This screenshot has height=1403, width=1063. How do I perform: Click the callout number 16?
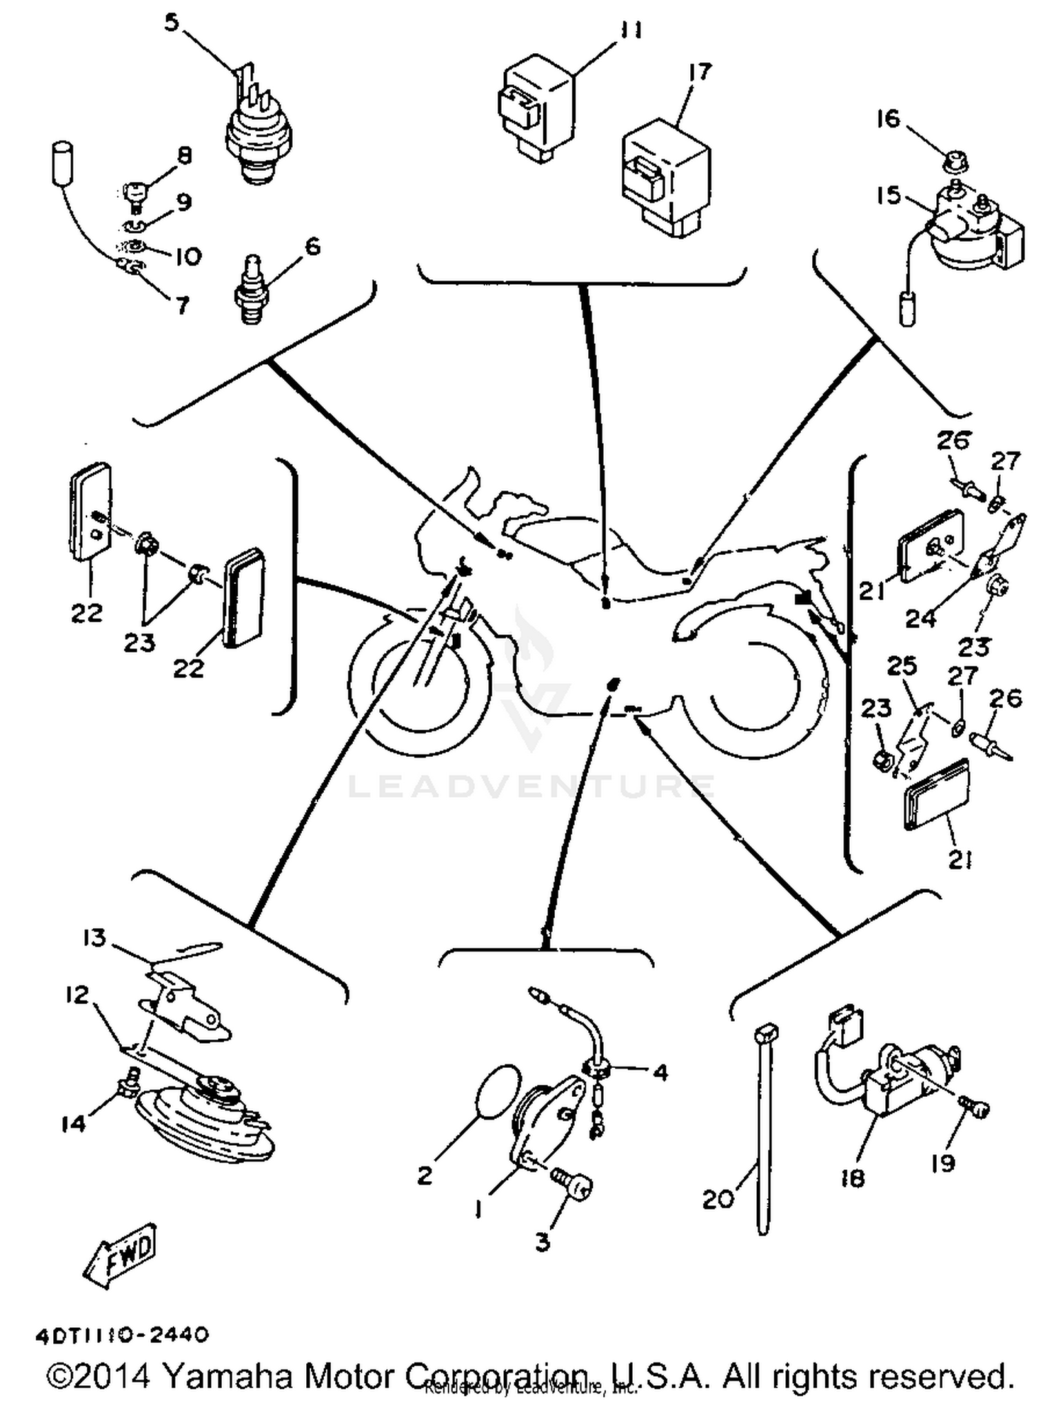point(887,119)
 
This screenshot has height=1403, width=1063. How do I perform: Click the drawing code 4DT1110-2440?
point(122,1335)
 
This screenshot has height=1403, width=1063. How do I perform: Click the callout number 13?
point(94,937)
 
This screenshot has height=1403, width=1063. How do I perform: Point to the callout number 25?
point(901,666)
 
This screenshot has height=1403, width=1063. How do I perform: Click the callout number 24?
point(921,619)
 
